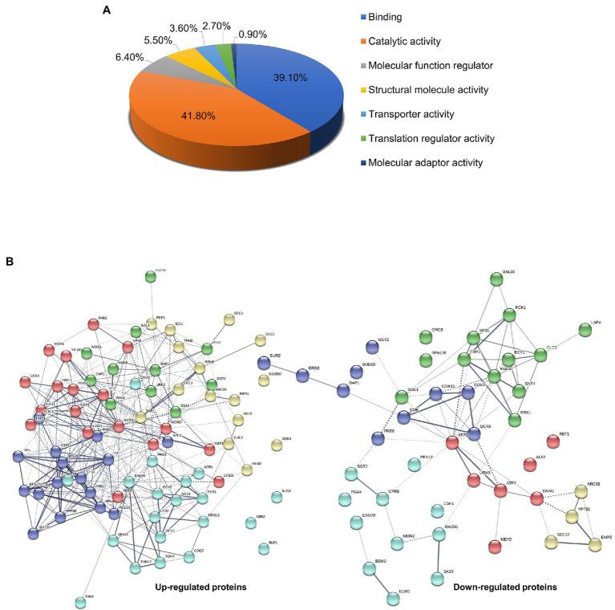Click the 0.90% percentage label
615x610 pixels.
[x=253, y=35]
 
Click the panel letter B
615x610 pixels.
[x=10, y=261]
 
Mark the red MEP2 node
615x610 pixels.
[x=495, y=547]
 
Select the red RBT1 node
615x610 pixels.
[x=552, y=441]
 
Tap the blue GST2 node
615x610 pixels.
[x=371, y=347]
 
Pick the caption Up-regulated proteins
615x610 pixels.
[x=200, y=587]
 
